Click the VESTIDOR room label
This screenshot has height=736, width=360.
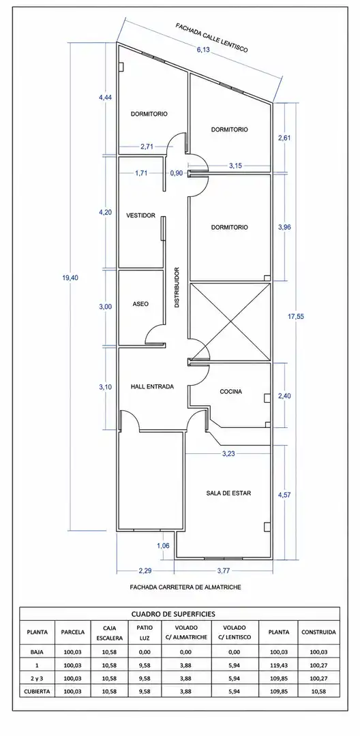point(141,216)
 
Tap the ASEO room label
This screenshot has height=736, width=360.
point(140,304)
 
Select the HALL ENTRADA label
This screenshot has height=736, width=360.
point(152,387)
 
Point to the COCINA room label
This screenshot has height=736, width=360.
point(231,391)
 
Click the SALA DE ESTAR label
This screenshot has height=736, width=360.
point(228,493)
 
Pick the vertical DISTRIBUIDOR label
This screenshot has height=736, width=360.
point(177,288)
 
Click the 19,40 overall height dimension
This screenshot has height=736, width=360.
point(70,277)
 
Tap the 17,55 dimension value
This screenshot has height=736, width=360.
point(296,316)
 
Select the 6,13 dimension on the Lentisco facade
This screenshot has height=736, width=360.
point(202,50)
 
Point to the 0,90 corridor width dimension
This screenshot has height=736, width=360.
point(177,172)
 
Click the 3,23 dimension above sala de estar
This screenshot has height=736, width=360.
point(228,453)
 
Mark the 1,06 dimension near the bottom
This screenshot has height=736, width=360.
point(163,545)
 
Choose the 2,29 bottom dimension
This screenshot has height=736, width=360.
point(145,571)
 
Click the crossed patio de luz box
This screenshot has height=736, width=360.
point(230,322)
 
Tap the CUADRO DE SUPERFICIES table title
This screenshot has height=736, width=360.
point(180,613)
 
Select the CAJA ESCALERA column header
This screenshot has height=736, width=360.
point(110,632)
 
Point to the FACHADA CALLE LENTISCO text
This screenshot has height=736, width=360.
point(211,37)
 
